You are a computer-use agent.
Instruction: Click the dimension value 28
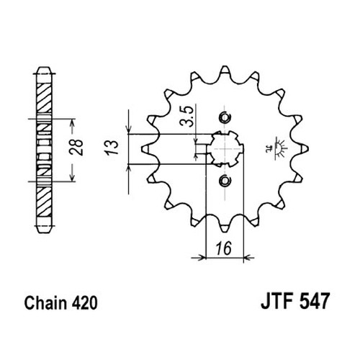coord(76,147)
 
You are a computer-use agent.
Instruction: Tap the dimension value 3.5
coord(186,116)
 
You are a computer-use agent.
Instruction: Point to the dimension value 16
coord(224,248)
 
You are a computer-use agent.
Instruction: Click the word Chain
coord(45,303)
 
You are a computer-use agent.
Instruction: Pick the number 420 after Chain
coord(84,303)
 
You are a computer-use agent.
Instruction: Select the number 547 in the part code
coord(314,301)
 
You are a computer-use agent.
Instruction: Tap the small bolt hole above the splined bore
coord(225,117)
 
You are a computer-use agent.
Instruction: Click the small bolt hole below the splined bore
coord(225,180)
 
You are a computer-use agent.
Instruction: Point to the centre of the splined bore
coord(225,148)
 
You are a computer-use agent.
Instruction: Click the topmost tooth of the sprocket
coord(225,70)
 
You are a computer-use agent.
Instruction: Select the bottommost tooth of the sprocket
coord(225,228)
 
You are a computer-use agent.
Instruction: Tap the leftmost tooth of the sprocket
coord(145,149)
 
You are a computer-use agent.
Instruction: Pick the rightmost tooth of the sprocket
coord(305,149)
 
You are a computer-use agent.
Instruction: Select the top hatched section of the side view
coord(45,98)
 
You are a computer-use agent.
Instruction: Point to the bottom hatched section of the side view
coord(45,201)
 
